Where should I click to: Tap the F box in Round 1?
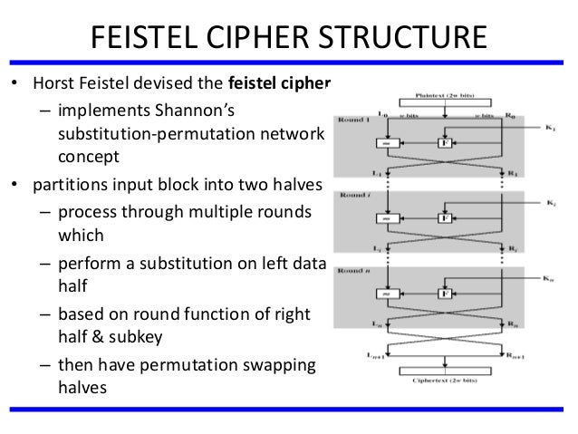[x=445, y=142]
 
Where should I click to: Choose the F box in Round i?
[x=445, y=218]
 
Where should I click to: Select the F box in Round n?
[x=445, y=294]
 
